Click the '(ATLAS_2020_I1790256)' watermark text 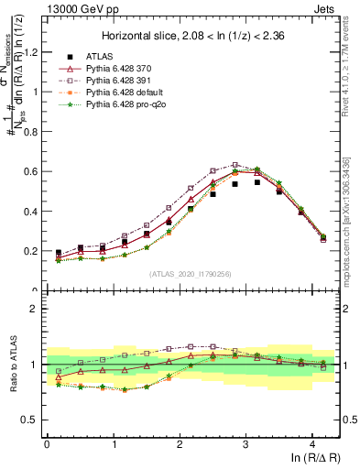tap(191, 273)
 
